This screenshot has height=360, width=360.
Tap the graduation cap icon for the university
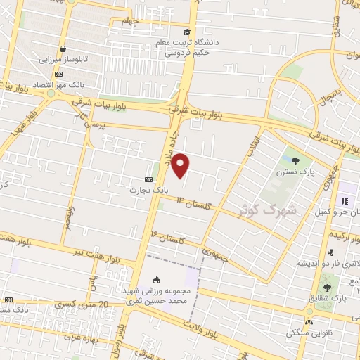[187, 32]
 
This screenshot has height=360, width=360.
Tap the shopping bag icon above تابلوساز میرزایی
[63, 49]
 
